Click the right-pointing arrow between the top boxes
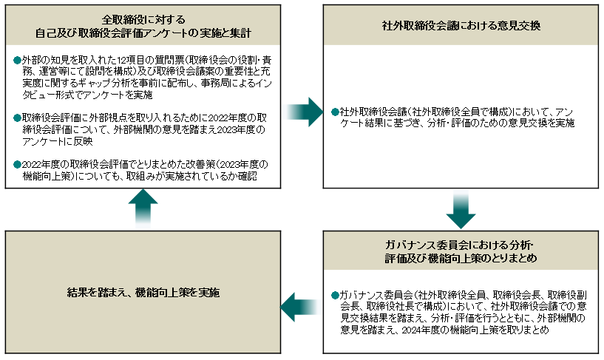click(x=304, y=112)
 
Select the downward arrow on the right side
click(x=461, y=209)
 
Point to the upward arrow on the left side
click(x=143, y=208)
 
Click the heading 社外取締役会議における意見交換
click(x=461, y=26)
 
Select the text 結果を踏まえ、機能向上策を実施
click(x=143, y=293)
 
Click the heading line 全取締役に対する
click(x=143, y=20)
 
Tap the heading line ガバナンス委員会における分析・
click(x=459, y=245)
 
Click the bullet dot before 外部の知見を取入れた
click(x=17, y=60)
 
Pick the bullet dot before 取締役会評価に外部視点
click(x=17, y=118)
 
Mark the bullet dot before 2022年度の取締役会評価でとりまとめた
click(x=17, y=164)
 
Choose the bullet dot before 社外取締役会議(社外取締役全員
click(x=335, y=112)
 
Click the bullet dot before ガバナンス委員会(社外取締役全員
click(x=335, y=295)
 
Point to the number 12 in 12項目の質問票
click(x=122, y=60)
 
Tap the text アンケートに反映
click(x=58, y=141)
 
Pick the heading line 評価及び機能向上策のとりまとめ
click(x=461, y=258)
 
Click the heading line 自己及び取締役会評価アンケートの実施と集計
click(x=143, y=33)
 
